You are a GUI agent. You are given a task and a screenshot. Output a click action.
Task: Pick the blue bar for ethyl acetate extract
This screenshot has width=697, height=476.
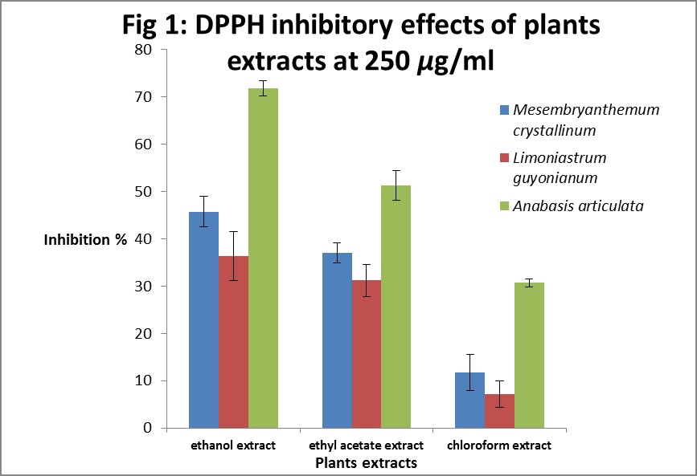pyautogui.click(x=337, y=340)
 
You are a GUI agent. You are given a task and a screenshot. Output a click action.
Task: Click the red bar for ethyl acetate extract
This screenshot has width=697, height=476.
pyautogui.click(x=366, y=354)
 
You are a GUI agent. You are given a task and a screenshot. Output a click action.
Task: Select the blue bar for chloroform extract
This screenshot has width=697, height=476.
pyautogui.click(x=469, y=400)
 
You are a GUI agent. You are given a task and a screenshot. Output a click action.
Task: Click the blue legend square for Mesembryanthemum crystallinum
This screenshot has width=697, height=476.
pyautogui.click(x=504, y=110)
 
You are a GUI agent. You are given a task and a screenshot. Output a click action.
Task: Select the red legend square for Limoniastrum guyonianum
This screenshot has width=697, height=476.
pyautogui.click(x=504, y=158)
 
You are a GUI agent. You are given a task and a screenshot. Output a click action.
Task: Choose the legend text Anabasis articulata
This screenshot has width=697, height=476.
pyautogui.click(x=579, y=206)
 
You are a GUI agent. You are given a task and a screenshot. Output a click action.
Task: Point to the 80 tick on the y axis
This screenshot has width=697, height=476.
pyautogui.click(x=144, y=50)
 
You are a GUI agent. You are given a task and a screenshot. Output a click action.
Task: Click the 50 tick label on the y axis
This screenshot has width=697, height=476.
pyautogui.click(x=144, y=192)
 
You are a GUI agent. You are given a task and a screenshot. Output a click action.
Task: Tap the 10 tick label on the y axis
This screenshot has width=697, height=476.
pyautogui.click(x=144, y=380)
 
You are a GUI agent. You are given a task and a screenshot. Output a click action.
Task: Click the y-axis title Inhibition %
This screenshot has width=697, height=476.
pyautogui.click(x=85, y=239)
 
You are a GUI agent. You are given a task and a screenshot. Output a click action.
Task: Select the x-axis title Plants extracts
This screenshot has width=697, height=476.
pyautogui.click(x=366, y=462)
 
